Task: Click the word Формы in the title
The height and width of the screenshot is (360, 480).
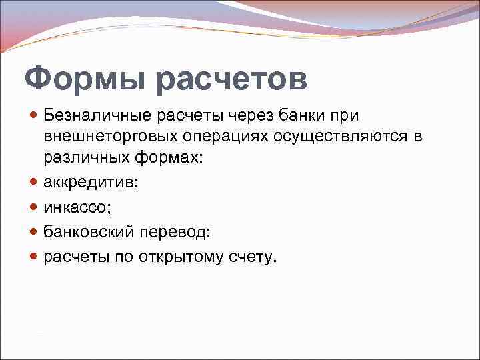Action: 85,79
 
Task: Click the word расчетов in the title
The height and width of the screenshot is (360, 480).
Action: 232,79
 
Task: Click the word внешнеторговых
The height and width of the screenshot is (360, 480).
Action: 111,137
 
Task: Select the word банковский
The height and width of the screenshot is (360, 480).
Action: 88,231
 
